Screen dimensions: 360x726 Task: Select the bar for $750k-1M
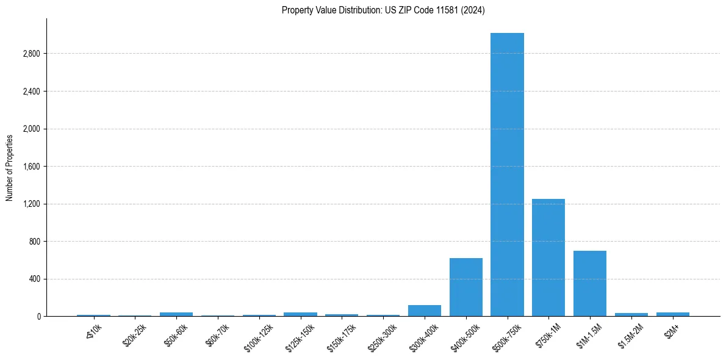pyautogui.click(x=548, y=257)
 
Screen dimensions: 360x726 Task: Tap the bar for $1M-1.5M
pyautogui.click(x=589, y=284)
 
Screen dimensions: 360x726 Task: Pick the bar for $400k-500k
pyautogui.click(x=465, y=287)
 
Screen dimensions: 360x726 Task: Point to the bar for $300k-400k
pyautogui.click(x=424, y=311)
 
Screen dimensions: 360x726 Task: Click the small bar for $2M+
pyautogui.click(x=672, y=314)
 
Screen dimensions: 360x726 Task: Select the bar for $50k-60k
pyautogui.click(x=176, y=314)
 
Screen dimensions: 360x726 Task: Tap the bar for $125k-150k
pyautogui.click(x=300, y=314)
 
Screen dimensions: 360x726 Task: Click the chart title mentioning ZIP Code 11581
pyautogui.click(x=383, y=10)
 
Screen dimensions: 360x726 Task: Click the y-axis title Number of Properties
pyautogui.click(x=10, y=167)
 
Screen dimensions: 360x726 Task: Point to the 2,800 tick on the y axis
pyautogui.click(x=31, y=54)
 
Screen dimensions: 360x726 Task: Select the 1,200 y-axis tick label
pyautogui.click(x=31, y=204)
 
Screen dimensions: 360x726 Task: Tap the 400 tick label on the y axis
pyautogui.click(x=34, y=279)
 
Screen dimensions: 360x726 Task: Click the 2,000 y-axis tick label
pyautogui.click(x=31, y=129)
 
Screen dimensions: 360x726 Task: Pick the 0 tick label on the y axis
pyautogui.click(x=38, y=317)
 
